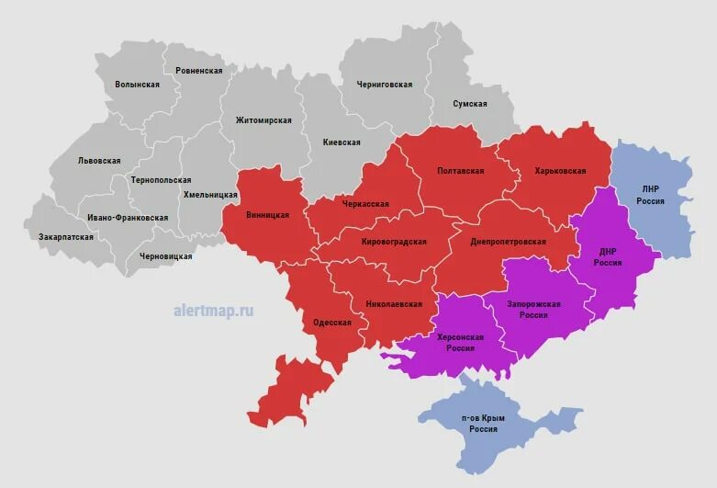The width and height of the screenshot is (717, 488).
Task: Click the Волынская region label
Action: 137,85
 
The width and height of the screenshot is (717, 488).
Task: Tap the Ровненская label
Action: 193,70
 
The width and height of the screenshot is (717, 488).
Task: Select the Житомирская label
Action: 263,120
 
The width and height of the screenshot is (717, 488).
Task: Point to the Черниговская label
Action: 384,85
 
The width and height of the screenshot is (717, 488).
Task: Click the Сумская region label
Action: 469,104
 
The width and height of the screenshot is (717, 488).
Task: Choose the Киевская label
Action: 342,142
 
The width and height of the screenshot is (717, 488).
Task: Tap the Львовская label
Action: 99,160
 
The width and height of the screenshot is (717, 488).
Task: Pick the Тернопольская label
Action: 161,180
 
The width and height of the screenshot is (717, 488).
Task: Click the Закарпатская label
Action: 66,236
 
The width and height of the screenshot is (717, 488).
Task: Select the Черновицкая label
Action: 165,256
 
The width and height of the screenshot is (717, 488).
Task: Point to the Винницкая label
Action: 268,215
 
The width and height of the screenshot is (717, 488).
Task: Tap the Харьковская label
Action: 559,171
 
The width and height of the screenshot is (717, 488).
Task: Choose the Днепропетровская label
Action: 508,242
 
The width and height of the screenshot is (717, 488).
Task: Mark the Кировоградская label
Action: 394,242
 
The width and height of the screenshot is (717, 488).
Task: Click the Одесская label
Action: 332,323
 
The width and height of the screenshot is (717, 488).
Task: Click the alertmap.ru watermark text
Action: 213,311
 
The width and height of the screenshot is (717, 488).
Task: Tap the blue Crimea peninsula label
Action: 483,424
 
